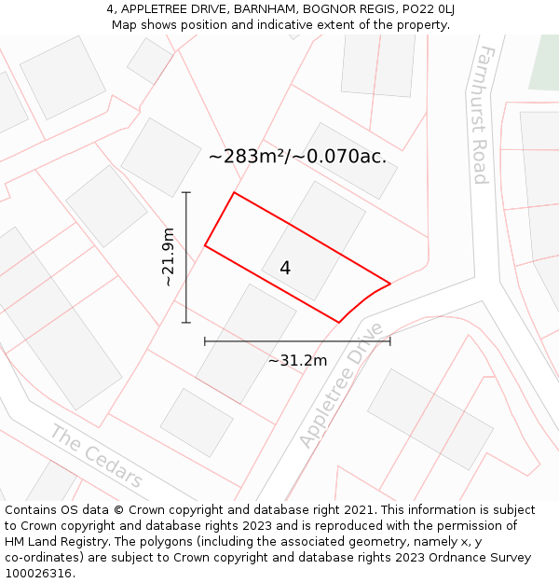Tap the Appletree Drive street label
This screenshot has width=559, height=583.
point(341,384)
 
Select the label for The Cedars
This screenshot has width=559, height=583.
point(97,457)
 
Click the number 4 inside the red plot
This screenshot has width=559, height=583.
point(285,268)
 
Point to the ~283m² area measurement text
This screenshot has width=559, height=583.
point(297,156)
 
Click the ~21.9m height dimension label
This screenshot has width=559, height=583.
point(168,257)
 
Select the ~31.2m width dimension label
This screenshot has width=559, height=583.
point(297,361)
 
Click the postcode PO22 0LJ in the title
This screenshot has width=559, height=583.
point(429,9)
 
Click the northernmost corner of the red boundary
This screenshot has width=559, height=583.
point(234,193)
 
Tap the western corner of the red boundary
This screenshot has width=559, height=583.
point(205,246)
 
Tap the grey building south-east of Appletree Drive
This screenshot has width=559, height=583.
point(429,419)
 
